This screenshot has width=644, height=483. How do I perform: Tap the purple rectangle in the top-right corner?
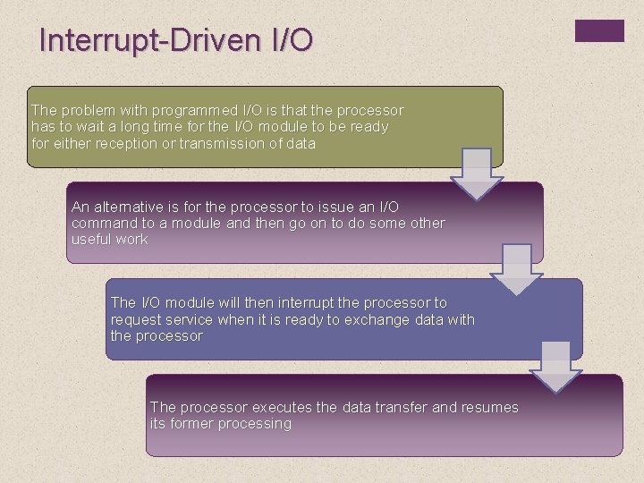598,30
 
